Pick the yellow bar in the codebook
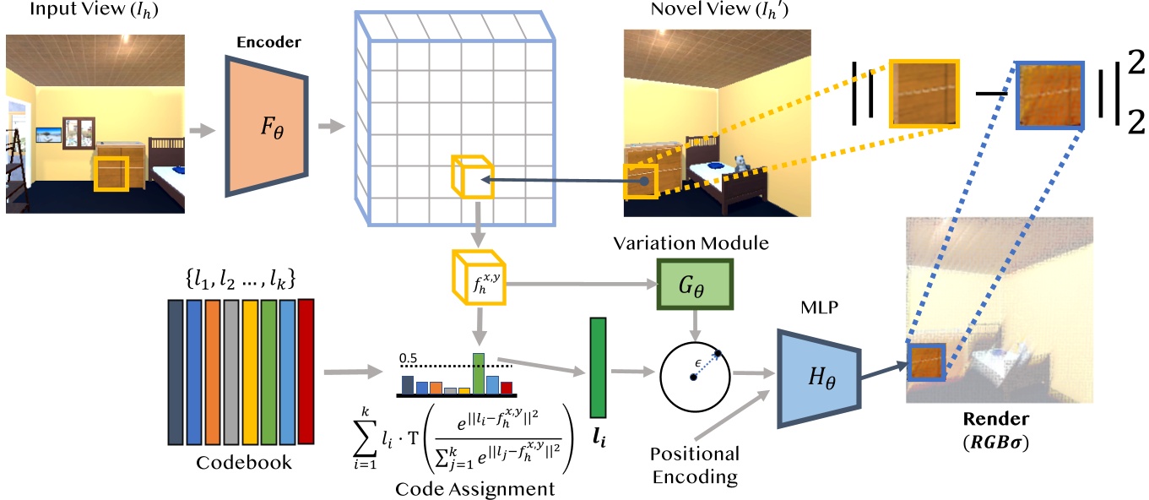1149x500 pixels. point(250,372)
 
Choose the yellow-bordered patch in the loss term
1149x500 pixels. point(924,93)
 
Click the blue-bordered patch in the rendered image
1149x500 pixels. point(927,363)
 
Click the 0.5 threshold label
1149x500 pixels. point(411,357)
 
